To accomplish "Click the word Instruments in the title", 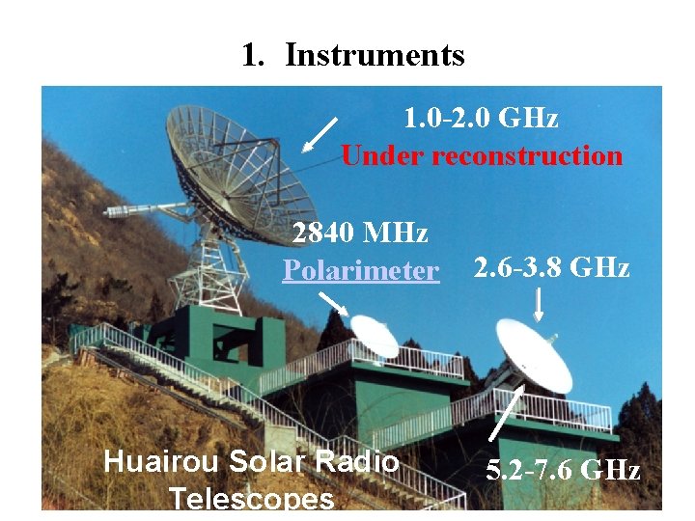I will pos(375,55).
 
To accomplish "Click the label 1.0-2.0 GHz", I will pos(481,119).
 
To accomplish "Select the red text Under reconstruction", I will pos(482,155).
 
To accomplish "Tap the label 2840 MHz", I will pos(360,233).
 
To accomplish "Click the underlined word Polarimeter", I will pos(360,270).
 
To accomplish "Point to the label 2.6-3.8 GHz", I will pos(552,267).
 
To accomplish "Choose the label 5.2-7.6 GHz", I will pos(564,471).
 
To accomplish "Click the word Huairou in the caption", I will pos(161,461).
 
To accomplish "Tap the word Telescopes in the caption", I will pos(251,498).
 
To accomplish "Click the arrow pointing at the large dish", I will pos(320,135).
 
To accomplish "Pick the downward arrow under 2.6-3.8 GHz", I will pos(539,306).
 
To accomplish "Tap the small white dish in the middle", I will pos(375,335).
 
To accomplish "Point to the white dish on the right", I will pos(533,355).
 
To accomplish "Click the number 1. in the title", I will pos(253,55).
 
